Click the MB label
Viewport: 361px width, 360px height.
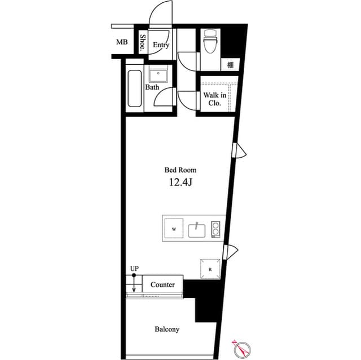[x=122, y=42]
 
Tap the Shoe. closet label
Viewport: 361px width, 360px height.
[x=143, y=43]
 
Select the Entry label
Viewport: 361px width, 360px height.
[x=161, y=45]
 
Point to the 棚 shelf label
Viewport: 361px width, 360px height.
[x=231, y=64]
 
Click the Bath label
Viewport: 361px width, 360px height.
[x=152, y=87]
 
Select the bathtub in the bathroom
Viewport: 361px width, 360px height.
[x=135, y=88]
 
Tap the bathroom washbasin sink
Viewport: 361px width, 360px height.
[x=158, y=74]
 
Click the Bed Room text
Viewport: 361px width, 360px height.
[x=180, y=170]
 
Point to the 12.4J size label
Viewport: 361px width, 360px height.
[x=180, y=181]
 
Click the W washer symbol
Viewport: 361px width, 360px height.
[x=174, y=229]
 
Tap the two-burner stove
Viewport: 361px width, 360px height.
[x=215, y=229]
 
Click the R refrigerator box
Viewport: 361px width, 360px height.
[x=210, y=269]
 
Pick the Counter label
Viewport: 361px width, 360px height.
[x=162, y=285]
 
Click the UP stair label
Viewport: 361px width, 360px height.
[x=134, y=269]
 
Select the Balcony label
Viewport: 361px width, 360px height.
[x=167, y=329]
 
